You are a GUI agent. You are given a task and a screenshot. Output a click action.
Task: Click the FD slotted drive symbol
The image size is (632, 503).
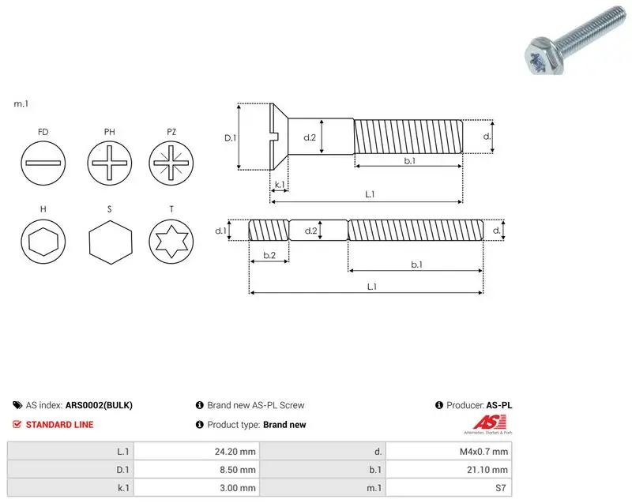43,163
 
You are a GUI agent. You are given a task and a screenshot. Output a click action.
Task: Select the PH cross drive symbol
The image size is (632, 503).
109,163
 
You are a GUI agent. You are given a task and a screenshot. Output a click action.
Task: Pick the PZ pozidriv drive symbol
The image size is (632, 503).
171,163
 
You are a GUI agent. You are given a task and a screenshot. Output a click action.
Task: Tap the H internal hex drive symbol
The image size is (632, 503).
43,242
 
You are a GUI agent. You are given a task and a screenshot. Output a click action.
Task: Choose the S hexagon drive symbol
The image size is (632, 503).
110,242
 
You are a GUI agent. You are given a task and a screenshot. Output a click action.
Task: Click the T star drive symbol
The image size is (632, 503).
171,242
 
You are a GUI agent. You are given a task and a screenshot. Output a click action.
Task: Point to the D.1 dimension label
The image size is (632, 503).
230,138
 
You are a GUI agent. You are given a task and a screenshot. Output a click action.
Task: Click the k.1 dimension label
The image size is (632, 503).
280,185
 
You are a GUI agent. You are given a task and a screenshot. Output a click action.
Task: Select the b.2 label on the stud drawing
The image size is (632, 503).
269,255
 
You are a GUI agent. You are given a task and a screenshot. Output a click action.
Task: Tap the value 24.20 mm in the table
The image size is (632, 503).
235,452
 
